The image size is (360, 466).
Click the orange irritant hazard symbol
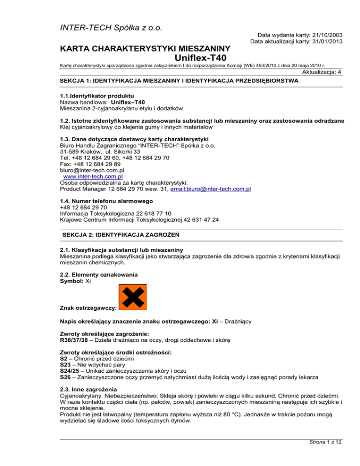133,297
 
